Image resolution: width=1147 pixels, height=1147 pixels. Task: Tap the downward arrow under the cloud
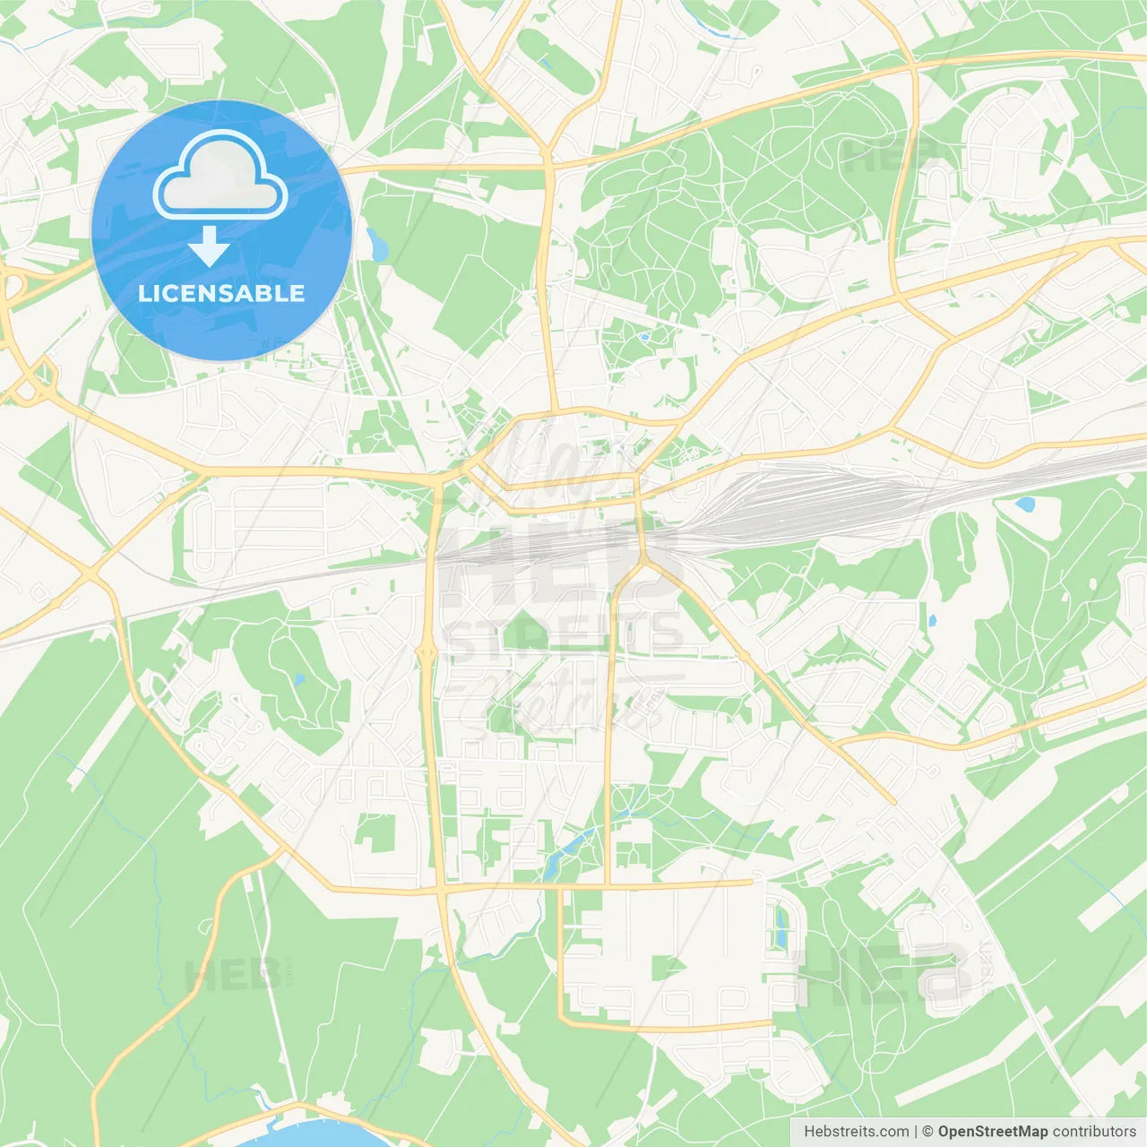tap(210, 246)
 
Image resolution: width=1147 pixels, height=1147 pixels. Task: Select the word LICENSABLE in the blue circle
tap(221, 293)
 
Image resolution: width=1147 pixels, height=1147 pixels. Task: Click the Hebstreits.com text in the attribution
tap(856, 1132)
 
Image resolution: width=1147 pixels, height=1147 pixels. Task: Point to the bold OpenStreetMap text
tap(993, 1132)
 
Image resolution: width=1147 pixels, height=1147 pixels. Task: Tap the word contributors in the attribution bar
tap(1094, 1132)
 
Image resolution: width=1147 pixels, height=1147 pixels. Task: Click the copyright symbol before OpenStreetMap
tap(928, 1132)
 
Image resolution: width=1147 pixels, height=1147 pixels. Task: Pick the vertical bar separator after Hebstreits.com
tap(916, 1132)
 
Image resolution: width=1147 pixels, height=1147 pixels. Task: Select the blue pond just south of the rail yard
tap(1024, 505)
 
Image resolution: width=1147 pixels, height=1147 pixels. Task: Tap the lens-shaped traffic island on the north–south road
tap(428, 649)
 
